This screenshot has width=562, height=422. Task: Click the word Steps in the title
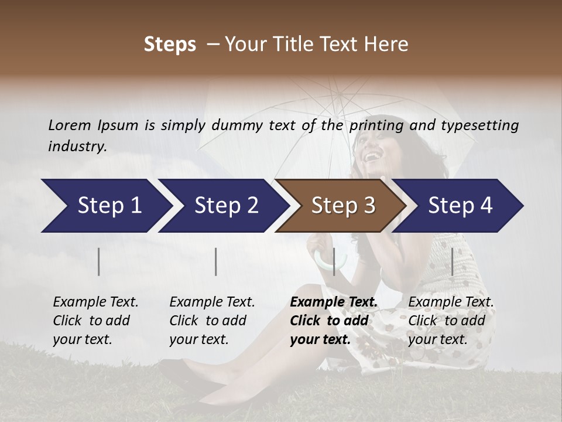(170, 45)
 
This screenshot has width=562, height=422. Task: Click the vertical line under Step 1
(99, 261)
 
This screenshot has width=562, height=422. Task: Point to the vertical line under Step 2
(216, 261)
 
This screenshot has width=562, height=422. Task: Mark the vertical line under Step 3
(334, 261)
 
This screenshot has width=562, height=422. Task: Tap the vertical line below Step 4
(452, 261)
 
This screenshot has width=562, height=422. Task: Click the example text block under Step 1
(95, 321)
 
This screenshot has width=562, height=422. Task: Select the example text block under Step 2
(212, 321)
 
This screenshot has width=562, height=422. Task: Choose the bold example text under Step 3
(333, 321)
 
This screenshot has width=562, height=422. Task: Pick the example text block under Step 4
(451, 321)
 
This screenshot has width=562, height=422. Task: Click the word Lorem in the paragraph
(70, 125)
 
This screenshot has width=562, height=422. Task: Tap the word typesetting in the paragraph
(479, 125)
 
